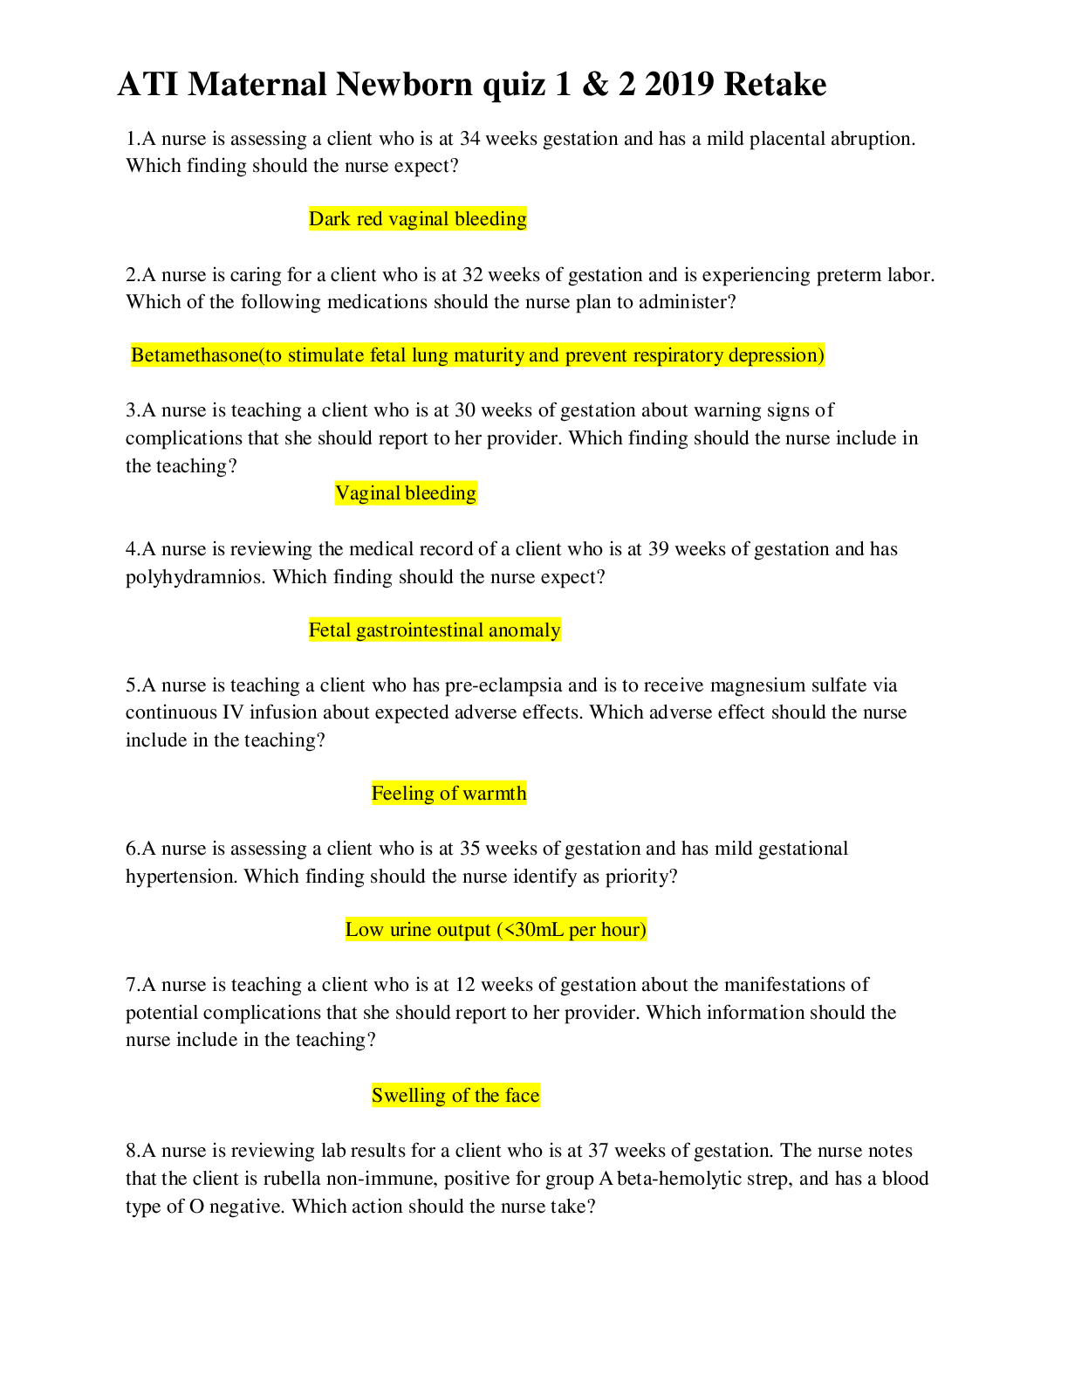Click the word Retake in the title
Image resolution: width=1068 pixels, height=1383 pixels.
tap(775, 85)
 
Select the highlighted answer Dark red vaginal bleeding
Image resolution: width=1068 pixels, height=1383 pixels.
tap(418, 219)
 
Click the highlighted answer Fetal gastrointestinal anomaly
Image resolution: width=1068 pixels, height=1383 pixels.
tap(435, 630)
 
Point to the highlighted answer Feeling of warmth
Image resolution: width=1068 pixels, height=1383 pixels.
tap(448, 794)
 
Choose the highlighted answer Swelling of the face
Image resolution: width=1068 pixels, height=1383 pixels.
tap(455, 1096)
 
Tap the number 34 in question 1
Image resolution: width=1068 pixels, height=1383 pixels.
tap(469, 139)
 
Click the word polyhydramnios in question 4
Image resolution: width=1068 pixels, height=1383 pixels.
tap(194, 577)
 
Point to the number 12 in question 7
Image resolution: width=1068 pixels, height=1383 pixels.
tap(465, 985)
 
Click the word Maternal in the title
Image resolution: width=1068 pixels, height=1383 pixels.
tap(257, 85)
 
